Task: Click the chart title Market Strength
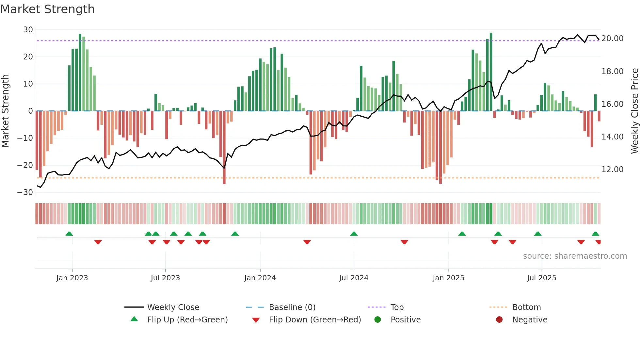[x=47, y=9]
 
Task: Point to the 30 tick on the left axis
[x=28, y=30]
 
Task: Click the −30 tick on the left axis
[x=25, y=192]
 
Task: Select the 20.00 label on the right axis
[x=612, y=39]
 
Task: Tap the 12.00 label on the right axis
[x=612, y=170]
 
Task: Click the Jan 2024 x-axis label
[x=260, y=278]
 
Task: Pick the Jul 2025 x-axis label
[x=541, y=278]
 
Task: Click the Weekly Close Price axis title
[x=634, y=111]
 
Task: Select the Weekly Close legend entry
[x=173, y=307]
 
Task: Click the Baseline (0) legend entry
[x=292, y=307]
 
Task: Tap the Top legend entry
[x=397, y=307]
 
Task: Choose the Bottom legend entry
[x=526, y=307]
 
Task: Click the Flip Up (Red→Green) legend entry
[x=187, y=320]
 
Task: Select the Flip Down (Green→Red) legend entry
[x=315, y=320]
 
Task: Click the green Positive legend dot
[x=378, y=320]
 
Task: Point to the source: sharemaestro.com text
[x=575, y=256]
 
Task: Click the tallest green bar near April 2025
[x=491, y=72]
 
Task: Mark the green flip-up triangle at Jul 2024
[x=354, y=234]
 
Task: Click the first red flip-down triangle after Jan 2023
[x=98, y=242]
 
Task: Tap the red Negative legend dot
[x=499, y=320]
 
